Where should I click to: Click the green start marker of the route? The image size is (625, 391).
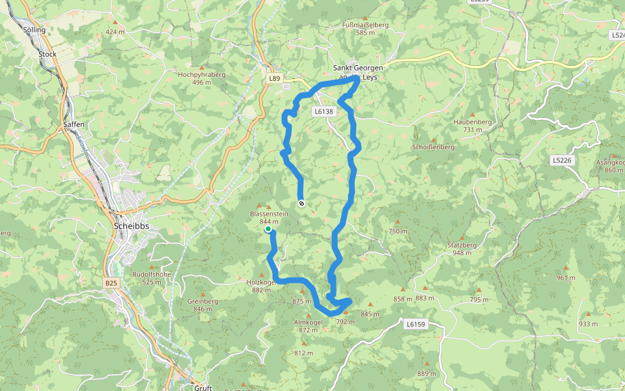pos(268,229)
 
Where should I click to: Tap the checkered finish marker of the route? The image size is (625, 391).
pos(301,203)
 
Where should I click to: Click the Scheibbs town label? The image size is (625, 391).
pos(132,226)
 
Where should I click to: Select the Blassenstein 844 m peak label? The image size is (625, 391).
pos(269,218)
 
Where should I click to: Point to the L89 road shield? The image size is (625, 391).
pos(275,78)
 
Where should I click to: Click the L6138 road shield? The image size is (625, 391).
pos(324,111)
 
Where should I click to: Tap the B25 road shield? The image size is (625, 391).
pos(111,283)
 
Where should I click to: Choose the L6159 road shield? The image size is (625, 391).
pos(415,323)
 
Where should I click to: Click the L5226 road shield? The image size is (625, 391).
pos(561,160)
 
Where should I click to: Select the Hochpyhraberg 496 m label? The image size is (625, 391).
pos(202,78)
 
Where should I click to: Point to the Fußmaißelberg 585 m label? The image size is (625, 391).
pos(365,28)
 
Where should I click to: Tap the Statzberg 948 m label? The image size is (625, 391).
pos(463,248)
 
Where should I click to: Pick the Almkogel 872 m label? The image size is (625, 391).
pos(309,326)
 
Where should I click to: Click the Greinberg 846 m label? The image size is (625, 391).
pos(202,305)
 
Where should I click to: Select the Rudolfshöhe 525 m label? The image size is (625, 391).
pos(152,278)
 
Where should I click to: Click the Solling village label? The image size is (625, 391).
pos(35,30)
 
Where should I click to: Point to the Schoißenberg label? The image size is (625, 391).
pos(433,147)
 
